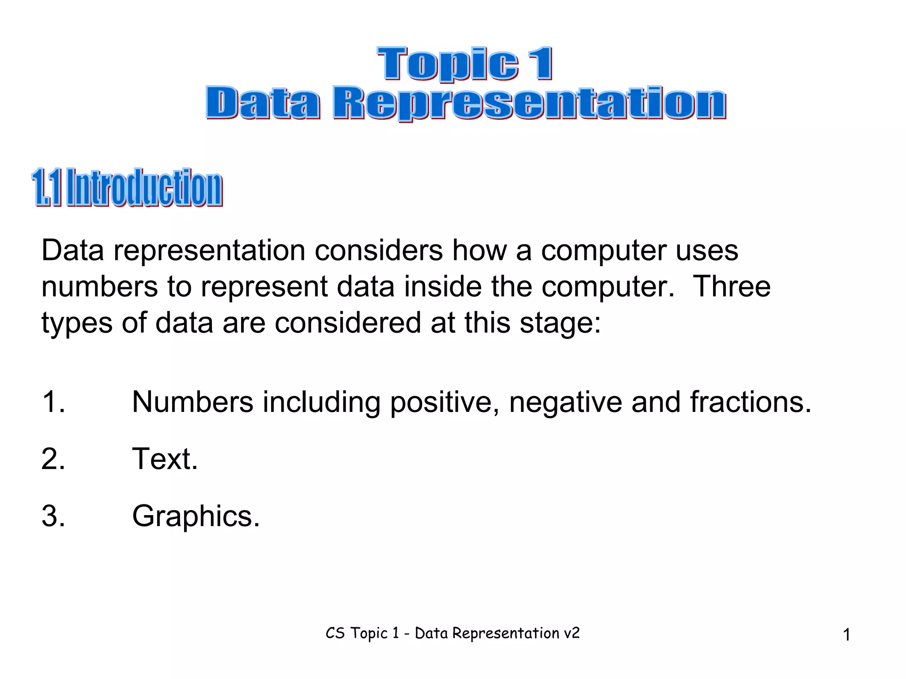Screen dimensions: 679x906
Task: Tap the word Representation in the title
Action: (529, 103)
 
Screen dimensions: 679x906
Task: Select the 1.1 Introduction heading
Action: (127, 187)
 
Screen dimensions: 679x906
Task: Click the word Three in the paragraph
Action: (732, 286)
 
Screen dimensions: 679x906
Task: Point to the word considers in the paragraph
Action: (379, 251)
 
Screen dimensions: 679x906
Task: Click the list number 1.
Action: (53, 402)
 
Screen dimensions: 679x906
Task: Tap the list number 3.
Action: (53, 516)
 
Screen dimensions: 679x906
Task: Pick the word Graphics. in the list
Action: (196, 516)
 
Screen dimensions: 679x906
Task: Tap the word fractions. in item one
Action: (751, 402)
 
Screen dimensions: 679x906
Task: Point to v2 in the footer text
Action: (572, 633)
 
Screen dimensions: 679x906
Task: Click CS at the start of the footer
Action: (335, 633)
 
